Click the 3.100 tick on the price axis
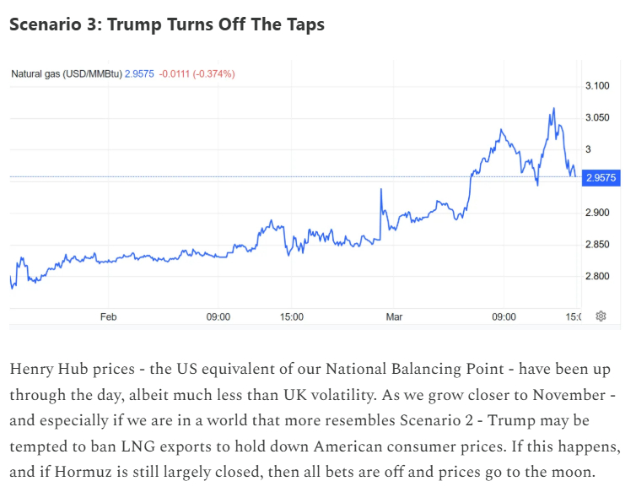(597, 86)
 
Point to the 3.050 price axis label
(597, 117)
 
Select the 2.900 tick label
(597, 213)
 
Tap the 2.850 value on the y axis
(597, 245)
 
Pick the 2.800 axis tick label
(597, 277)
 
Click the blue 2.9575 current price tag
(601, 177)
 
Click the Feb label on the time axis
(108, 317)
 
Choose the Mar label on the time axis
(395, 317)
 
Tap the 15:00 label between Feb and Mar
(291, 317)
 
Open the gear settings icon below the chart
(601, 316)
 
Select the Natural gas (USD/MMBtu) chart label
(66, 74)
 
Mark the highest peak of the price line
(553, 108)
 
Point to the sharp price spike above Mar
(381, 190)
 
